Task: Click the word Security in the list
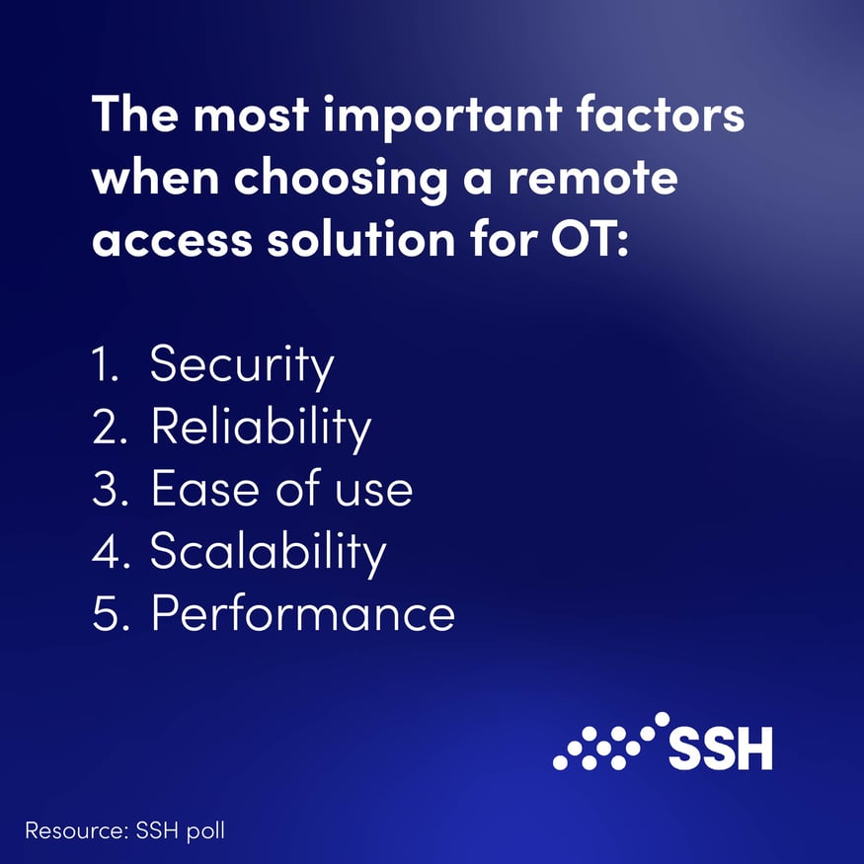point(242,365)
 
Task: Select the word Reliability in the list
point(261,428)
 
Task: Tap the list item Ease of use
point(281,489)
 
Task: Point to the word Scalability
point(268,552)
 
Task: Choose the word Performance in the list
point(302,613)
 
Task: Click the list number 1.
point(103,365)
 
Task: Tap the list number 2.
point(106,428)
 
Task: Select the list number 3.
point(106,489)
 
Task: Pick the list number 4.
point(106,552)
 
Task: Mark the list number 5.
point(106,613)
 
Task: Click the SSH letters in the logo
point(720,749)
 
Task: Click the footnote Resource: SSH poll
point(124,830)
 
